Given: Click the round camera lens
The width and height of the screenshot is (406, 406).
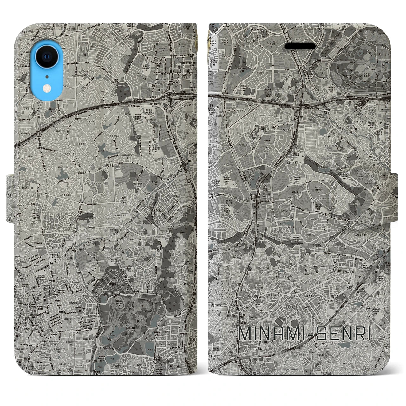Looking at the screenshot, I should (47, 57).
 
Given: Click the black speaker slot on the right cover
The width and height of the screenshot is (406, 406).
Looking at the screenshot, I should (300, 46).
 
